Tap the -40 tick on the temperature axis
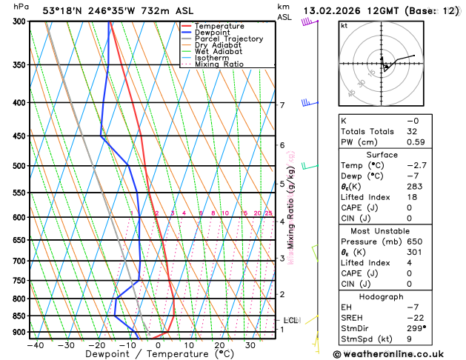pyautogui.click(x=33, y=345)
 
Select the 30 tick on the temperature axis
pyautogui.click(x=250, y=345)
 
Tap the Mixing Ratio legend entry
pyautogui.click(x=219, y=64)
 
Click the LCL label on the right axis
pyautogui.click(x=291, y=320)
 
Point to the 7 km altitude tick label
pyautogui.click(x=282, y=105)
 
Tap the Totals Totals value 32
pyautogui.click(x=413, y=131)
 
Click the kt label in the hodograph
pyautogui.click(x=344, y=26)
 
